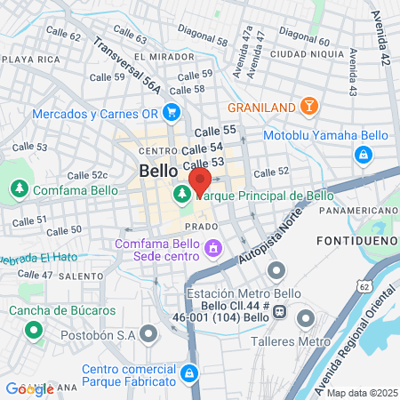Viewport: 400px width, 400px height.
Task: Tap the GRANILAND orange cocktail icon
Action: pos(308,107)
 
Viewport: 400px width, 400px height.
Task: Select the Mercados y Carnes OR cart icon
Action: pos(172,113)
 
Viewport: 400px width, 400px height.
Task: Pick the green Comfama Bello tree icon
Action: pos(19,189)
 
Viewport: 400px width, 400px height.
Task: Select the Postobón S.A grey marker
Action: pos(148,335)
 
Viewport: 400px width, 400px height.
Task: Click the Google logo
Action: pos(28,388)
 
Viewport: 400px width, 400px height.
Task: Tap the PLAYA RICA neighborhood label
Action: pos(32,59)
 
